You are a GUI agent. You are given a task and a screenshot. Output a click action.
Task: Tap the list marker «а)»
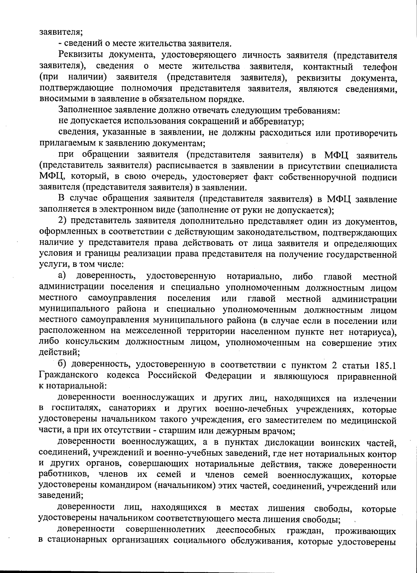62,277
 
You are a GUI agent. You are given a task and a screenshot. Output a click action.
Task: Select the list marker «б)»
62,365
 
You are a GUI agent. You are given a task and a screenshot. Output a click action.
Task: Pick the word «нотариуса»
373,332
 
